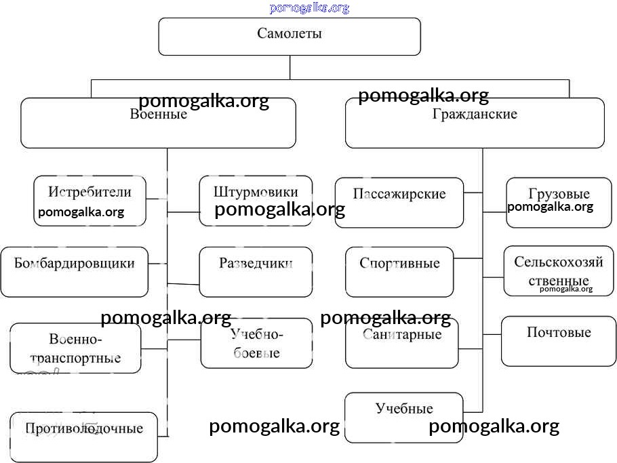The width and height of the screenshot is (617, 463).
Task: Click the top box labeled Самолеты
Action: coord(290,36)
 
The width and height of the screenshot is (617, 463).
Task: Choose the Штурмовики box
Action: coord(256,192)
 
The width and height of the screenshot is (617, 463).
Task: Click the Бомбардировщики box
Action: coord(75,271)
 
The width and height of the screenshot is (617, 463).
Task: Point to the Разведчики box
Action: coord(256,271)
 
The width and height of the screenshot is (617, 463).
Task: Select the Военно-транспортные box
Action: coord(76,348)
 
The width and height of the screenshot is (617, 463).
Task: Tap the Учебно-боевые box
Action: coord(256,343)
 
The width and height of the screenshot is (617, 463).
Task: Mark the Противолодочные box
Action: coord(84,436)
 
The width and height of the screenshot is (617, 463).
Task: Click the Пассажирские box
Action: coord(399,202)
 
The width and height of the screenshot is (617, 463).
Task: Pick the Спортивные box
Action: coord(399,271)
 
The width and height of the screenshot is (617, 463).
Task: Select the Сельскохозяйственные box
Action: coord(558,270)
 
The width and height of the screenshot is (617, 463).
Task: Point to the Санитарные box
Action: coord(401,343)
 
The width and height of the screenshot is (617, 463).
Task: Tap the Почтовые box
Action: coord(559,340)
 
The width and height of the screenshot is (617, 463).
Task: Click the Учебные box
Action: coord(404,417)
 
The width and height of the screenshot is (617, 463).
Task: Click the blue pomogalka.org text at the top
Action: coord(309,8)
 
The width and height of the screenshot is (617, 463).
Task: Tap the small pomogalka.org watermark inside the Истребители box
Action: coord(81,212)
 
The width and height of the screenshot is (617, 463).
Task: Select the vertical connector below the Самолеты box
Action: coord(290,67)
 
